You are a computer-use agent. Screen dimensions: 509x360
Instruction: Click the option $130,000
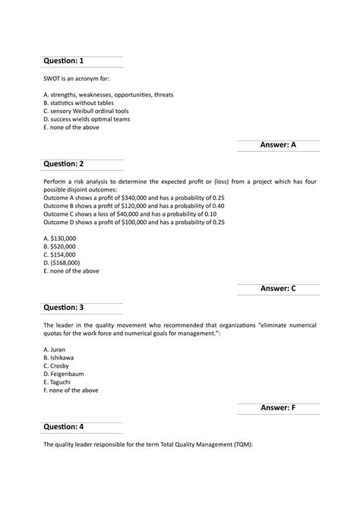coord(60,238)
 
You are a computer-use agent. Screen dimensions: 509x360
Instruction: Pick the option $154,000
coord(60,254)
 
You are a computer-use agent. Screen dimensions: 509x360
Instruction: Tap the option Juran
coord(55,349)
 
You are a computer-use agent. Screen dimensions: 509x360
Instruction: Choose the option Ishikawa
coord(59,357)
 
